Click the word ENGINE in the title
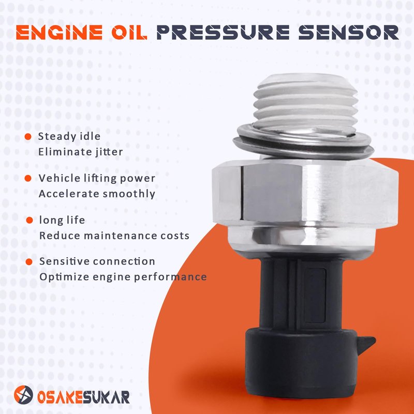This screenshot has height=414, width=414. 59,33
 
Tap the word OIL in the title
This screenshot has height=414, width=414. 129,33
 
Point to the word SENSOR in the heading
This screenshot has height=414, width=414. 348,33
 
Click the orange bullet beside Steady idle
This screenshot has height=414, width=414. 28,137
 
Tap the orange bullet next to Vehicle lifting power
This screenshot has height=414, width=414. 28,178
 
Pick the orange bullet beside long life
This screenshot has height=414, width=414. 29,220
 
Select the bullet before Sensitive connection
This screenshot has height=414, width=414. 29,262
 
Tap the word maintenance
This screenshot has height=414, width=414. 122,235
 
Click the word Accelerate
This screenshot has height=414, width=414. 69,194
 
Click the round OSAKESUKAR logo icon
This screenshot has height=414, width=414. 24,395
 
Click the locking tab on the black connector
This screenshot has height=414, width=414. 366,344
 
